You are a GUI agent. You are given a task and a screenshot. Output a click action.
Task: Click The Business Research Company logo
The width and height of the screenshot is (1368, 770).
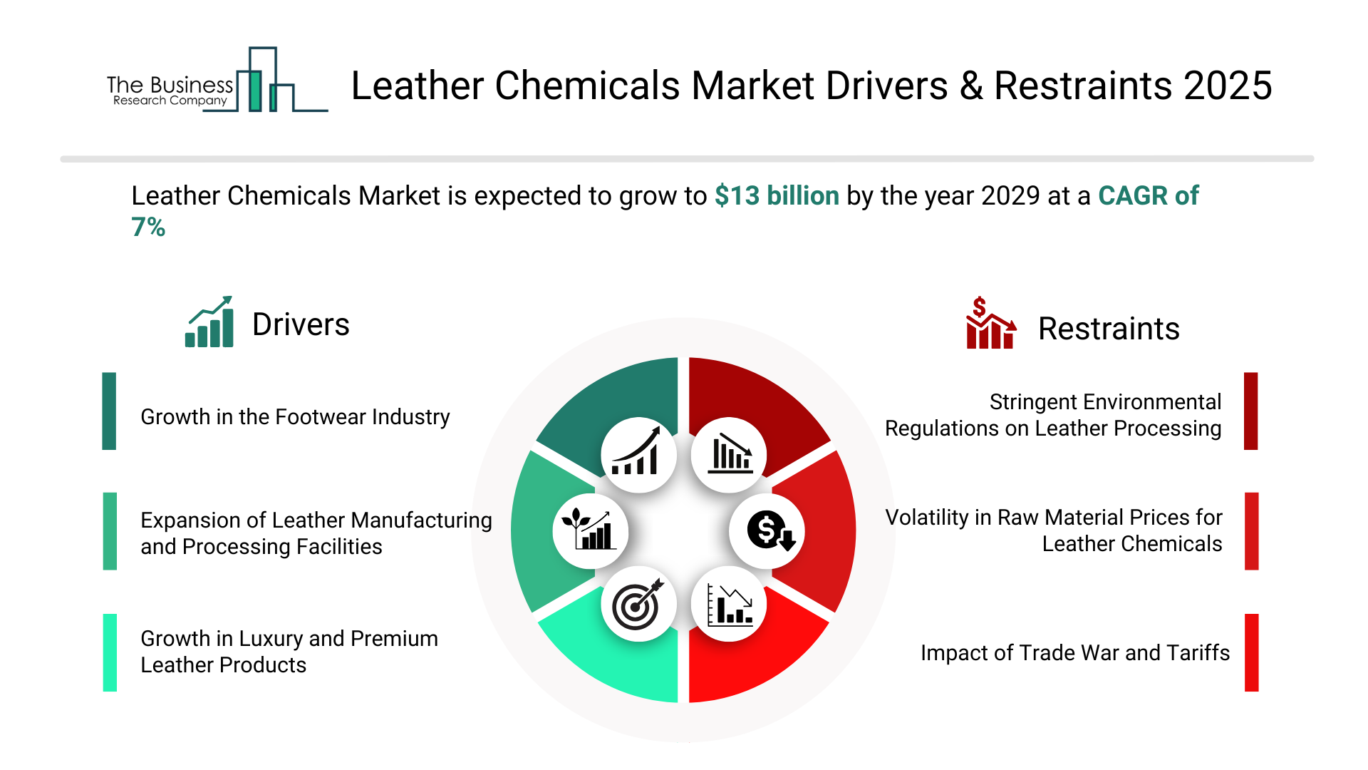pyautogui.click(x=217, y=80)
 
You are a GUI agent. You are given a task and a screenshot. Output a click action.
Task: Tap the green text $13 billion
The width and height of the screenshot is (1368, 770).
pyautogui.click(x=777, y=195)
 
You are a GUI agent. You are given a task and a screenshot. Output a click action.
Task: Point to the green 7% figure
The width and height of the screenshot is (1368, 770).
pyautogui.click(x=148, y=227)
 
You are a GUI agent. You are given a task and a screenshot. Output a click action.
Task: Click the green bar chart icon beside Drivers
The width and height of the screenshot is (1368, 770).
pyautogui.click(x=209, y=322)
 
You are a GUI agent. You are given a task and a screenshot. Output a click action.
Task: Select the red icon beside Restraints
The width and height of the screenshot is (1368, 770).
pyautogui.click(x=990, y=323)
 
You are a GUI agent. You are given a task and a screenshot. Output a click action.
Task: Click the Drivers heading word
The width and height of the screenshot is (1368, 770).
pyautogui.click(x=301, y=324)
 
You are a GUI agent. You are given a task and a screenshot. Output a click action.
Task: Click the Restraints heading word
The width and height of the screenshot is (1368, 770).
pyautogui.click(x=1109, y=329)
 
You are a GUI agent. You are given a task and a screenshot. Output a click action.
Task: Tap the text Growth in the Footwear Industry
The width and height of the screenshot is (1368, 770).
pyautogui.click(x=295, y=416)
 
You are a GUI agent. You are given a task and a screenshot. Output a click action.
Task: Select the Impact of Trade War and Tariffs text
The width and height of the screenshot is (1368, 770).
pyautogui.click(x=1075, y=652)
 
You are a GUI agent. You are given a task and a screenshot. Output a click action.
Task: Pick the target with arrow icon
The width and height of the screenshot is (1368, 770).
pyautogui.click(x=639, y=605)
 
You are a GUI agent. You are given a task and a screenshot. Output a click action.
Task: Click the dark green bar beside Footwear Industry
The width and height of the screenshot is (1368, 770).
pyautogui.click(x=109, y=411)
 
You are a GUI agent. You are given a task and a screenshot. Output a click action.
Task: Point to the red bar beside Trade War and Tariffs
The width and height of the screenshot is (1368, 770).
pyautogui.click(x=1252, y=652)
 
